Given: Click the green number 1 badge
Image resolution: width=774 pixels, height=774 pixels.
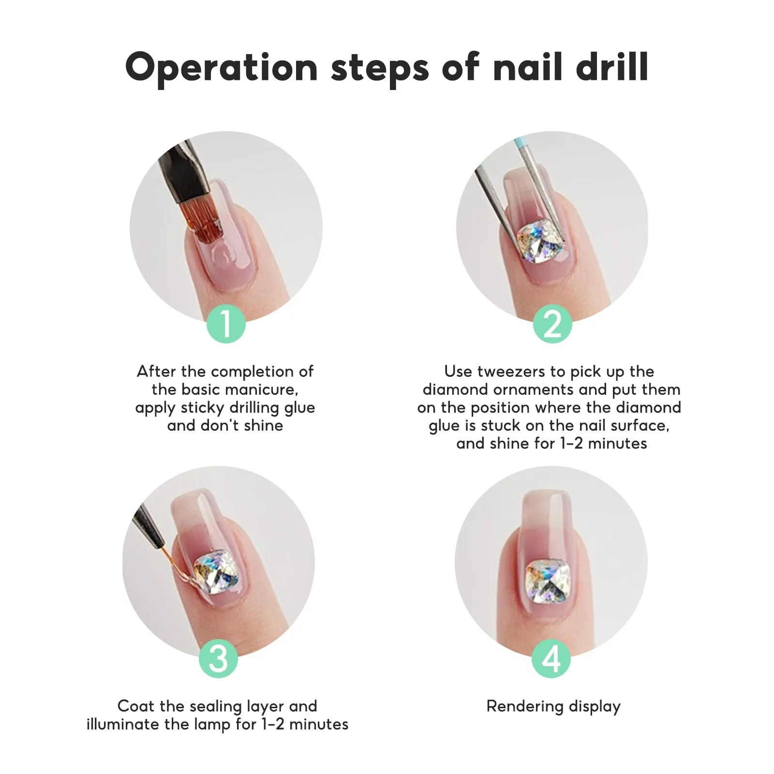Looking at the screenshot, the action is click(226, 324).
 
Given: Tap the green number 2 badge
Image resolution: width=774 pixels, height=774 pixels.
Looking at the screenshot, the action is click(552, 324).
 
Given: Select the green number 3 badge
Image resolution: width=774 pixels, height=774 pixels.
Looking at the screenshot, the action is click(219, 658).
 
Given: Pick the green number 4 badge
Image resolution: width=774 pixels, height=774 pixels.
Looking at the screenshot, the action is click(551, 658).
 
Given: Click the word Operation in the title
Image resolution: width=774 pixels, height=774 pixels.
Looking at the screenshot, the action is click(221, 68).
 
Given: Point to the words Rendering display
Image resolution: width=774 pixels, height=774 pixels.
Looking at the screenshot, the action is click(553, 707).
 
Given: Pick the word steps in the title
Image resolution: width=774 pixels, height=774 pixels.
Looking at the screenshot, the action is click(380, 68).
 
